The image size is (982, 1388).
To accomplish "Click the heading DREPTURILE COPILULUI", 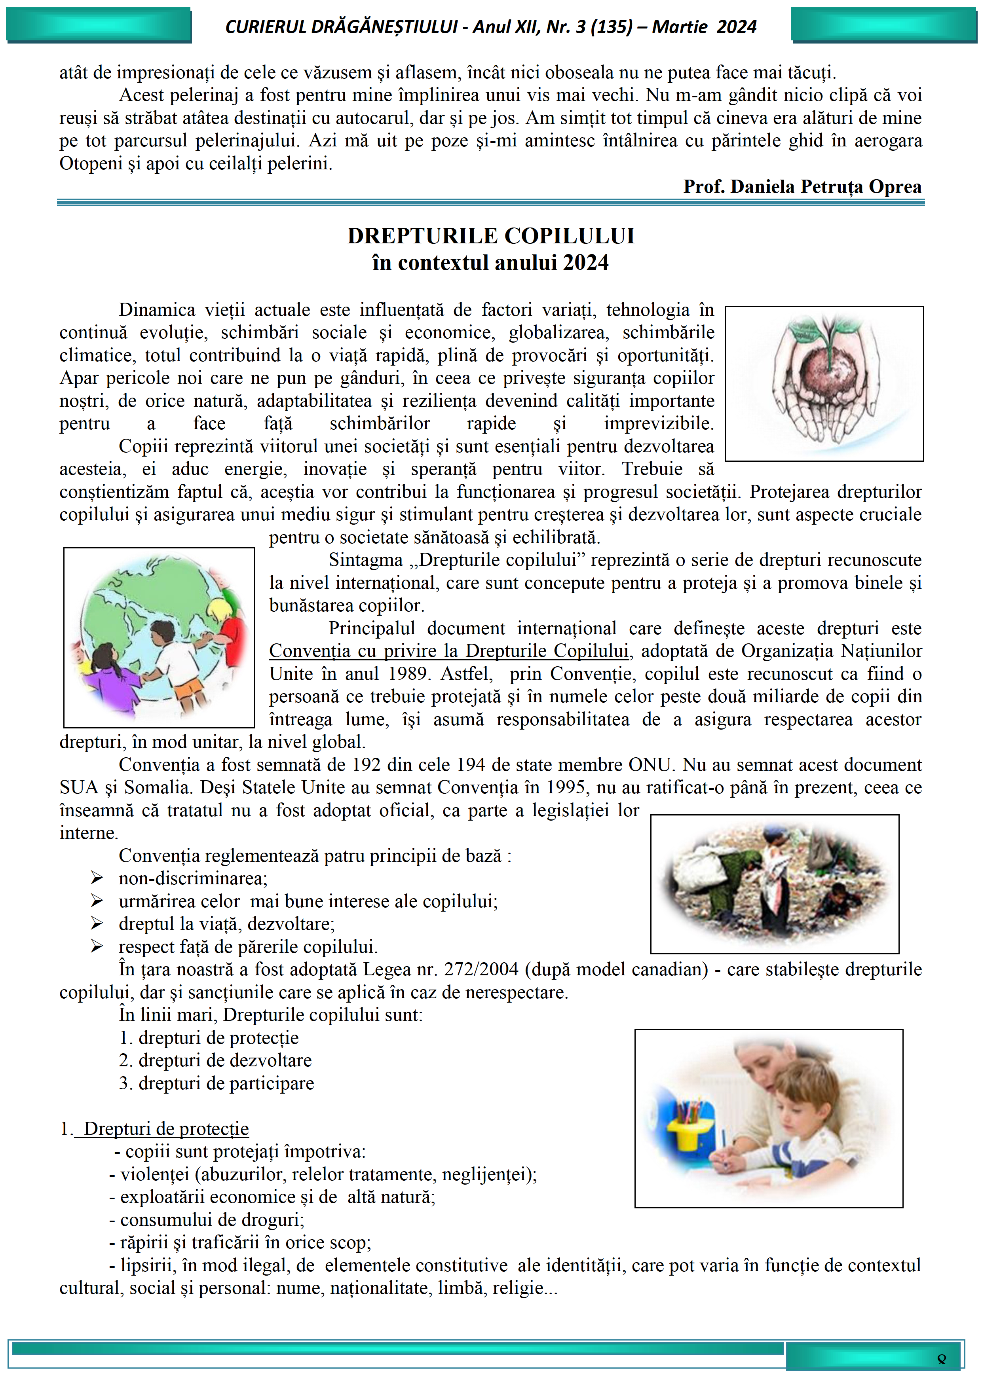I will tap(490, 236).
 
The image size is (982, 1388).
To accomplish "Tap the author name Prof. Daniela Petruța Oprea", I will tap(802, 186).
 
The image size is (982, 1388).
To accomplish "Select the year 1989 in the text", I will tap(408, 673).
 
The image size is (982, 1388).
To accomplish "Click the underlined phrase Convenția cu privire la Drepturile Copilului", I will tap(449, 651).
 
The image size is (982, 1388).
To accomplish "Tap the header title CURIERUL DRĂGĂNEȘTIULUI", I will tap(342, 27).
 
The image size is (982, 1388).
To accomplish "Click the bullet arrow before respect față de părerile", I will tap(97, 946).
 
